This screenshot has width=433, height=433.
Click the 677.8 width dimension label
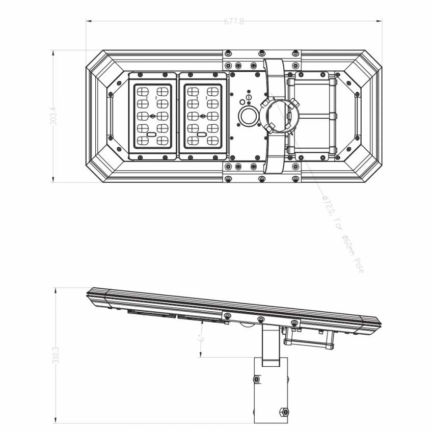click(x=234, y=21)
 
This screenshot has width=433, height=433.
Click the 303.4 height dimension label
click(x=53, y=116)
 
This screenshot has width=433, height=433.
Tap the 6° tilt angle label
click(x=202, y=338)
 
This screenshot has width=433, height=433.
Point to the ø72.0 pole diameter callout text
click(x=343, y=234)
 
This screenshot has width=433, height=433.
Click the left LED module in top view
click(x=152, y=116)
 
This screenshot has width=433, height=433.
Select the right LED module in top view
click(x=203, y=116)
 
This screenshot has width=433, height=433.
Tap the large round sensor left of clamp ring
click(x=248, y=117)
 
